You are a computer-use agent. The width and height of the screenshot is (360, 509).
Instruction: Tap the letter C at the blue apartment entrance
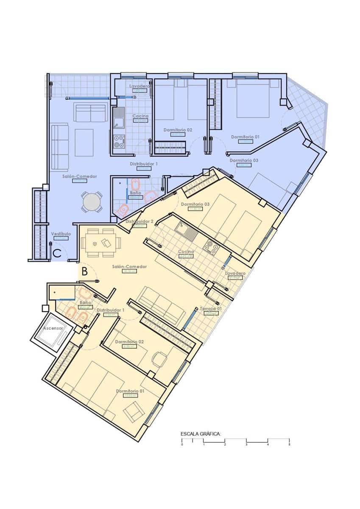point(58,253)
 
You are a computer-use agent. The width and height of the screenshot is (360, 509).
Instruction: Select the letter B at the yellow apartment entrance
point(84,271)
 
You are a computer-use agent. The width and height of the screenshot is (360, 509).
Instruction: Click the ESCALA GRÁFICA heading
point(201,434)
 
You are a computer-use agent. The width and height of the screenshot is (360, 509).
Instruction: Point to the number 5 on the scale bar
point(289,445)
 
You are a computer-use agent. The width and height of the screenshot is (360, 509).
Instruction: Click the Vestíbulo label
point(61,234)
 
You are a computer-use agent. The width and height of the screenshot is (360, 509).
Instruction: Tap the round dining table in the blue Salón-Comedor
point(92,203)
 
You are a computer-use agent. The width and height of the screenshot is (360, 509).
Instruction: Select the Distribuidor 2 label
point(140,221)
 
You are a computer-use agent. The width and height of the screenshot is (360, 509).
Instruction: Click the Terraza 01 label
point(211,308)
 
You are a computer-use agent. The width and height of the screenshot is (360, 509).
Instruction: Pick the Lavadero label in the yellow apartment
point(235,274)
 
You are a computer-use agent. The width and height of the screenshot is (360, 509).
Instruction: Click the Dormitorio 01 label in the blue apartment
point(245,137)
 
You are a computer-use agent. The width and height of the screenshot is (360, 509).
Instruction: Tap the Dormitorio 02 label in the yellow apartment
point(129,341)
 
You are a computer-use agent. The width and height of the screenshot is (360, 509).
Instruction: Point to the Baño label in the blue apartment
point(135,193)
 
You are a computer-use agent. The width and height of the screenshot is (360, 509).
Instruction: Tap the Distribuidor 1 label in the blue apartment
point(144,163)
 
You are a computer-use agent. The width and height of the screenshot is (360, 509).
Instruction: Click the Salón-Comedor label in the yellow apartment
point(129,266)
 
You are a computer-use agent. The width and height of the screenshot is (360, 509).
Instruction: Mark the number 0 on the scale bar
point(182,445)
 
